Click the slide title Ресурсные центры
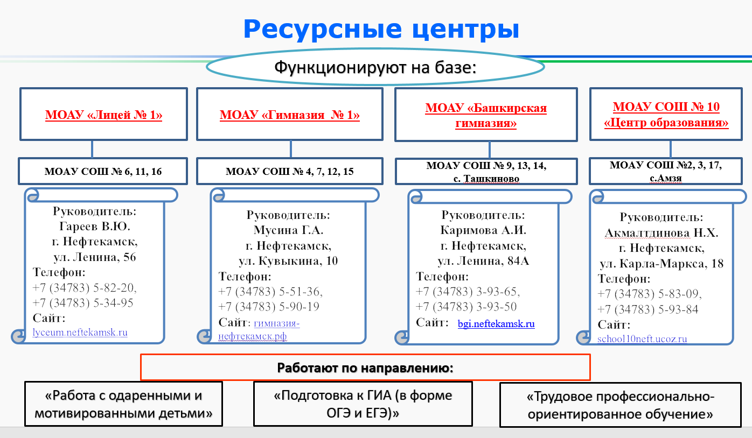coord(381,30)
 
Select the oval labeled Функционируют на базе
coord(375,67)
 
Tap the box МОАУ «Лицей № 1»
coord(103,114)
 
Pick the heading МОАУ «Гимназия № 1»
coord(290,115)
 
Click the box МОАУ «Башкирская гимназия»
coord(486,115)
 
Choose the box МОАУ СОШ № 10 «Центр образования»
coord(666,114)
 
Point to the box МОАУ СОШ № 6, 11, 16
coord(103,171)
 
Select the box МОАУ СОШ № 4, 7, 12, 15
coord(290,171)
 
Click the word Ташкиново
coord(491,179)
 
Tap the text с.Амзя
coord(666,178)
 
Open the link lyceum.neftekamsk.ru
coord(80,333)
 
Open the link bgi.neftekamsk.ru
coord(496,323)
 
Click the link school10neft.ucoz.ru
coord(642,339)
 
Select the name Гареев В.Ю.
coord(95,227)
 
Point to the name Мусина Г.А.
coord(288,230)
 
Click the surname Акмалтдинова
coord(647,233)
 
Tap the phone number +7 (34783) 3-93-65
coord(468,292)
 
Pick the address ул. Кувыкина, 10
coord(288,261)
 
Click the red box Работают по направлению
coord(365,367)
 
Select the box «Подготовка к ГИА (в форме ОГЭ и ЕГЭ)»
coord(363,404)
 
